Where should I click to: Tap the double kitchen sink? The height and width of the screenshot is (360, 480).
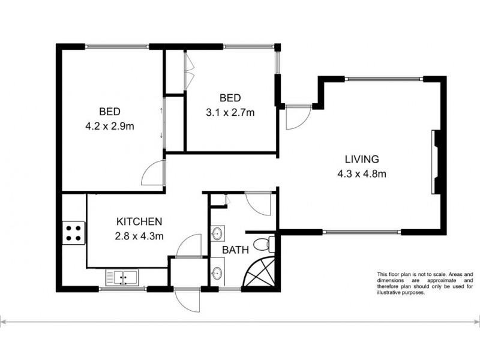pos(122,277)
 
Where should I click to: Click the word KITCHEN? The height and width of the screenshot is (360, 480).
pos(139,221)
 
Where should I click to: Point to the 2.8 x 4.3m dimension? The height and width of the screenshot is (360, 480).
pos(139,236)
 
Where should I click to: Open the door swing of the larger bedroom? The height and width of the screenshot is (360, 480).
pos(153,174)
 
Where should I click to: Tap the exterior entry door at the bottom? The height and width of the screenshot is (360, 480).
pos(187,299)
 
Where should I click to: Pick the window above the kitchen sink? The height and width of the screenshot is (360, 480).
pos(122,290)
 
